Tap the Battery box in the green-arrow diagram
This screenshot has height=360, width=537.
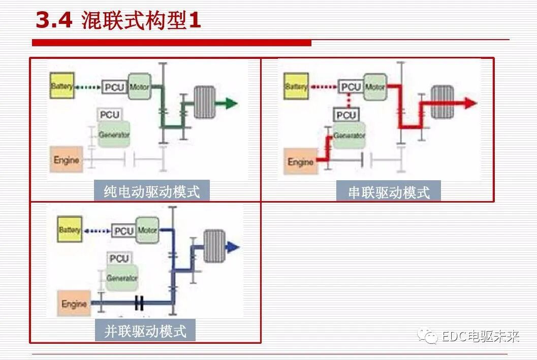62,87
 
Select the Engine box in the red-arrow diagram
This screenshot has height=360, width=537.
300,162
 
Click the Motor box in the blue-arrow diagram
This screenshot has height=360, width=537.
147,231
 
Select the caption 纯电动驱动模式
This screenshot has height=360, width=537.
151,191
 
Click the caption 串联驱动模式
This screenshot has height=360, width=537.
388,192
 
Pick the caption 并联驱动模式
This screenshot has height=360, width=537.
145,332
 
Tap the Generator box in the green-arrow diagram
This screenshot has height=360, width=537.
114,135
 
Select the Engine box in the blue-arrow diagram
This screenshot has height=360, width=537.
74,304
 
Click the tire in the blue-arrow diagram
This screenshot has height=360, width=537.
214,246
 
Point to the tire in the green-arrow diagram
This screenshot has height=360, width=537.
204,102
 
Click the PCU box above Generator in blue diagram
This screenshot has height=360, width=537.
119,258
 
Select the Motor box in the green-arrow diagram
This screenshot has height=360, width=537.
139,87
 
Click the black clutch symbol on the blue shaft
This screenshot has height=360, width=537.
140,304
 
